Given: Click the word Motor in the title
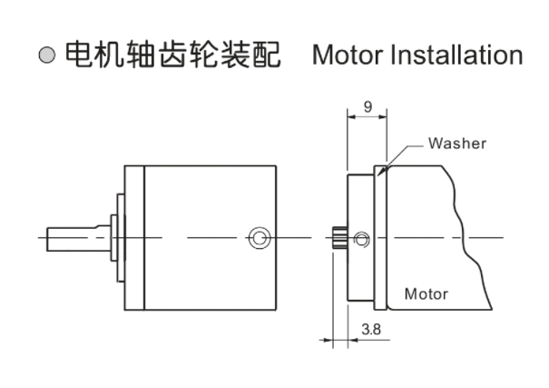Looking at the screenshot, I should (348, 55).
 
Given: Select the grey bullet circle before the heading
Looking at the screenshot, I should (47, 55).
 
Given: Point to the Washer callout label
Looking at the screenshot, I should (457, 144).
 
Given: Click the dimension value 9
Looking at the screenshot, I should (367, 106).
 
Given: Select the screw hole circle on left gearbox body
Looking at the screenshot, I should (260, 238).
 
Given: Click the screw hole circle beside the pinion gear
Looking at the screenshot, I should (362, 239).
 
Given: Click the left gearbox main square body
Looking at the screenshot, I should (209, 238).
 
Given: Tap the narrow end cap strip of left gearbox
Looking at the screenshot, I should (134, 238).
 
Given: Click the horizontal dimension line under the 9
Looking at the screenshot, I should (367, 116).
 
